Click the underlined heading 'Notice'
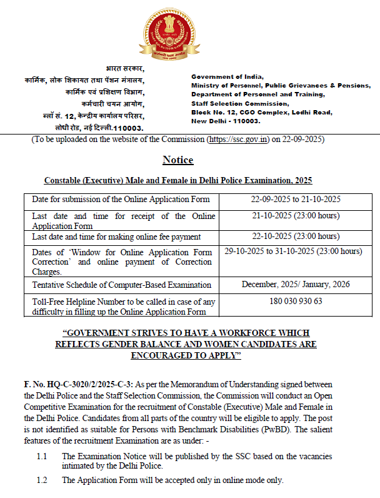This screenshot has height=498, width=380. point(177,160)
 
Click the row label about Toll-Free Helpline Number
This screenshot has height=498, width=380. point(123,307)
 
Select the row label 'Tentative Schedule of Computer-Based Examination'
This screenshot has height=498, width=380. point(121,285)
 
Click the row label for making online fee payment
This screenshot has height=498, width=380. point(116,237)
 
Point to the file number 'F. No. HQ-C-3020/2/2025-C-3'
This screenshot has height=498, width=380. point(78,384)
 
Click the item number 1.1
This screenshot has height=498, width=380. point(42,457)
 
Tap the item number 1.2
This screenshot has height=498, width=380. point(42,480)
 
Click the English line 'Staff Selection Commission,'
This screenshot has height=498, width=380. point(240,103)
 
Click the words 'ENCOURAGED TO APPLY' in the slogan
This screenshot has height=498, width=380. point(186,355)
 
